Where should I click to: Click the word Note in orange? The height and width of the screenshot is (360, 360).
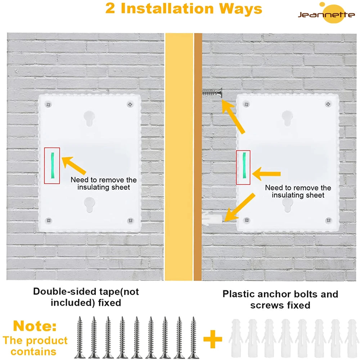[x=35, y=327]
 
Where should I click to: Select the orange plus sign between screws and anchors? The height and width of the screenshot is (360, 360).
[x=212, y=339]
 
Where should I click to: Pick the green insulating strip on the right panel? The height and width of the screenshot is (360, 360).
[x=244, y=165]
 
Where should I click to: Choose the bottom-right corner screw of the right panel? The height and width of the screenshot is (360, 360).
[x=328, y=220]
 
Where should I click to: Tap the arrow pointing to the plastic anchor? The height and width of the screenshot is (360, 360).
[x=239, y=207]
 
